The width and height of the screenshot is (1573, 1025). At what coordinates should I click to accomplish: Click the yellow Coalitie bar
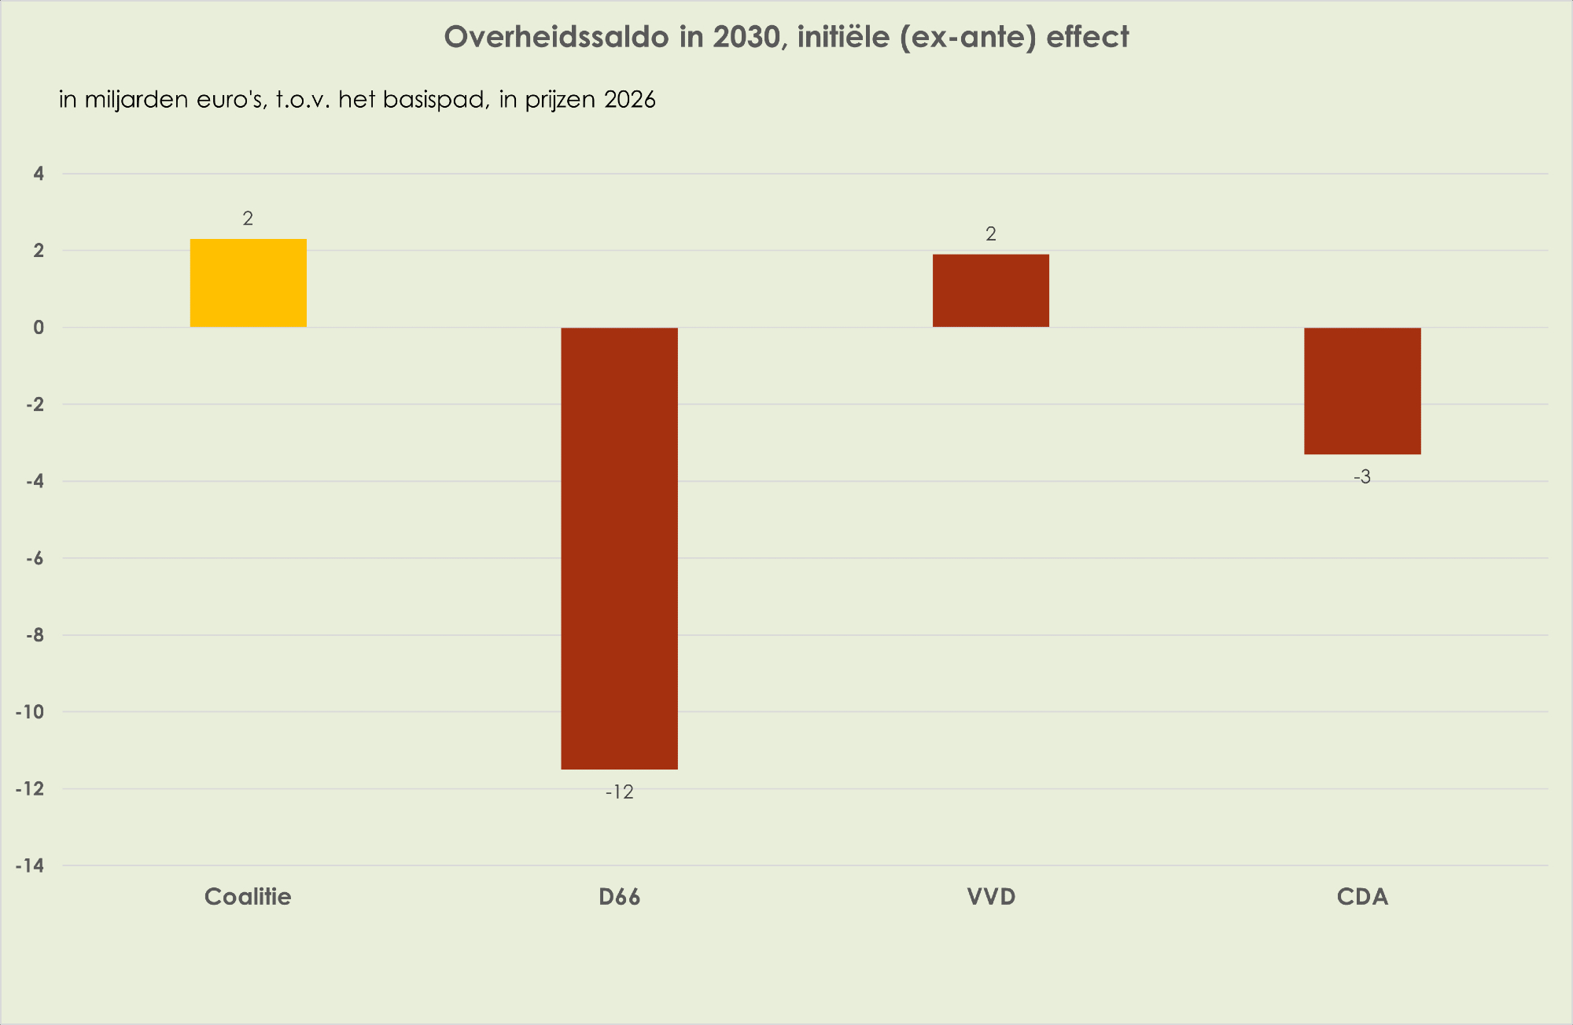[248, 283]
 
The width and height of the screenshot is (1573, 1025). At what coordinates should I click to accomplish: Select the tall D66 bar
[619, 548]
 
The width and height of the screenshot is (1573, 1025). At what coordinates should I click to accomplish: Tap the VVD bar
[990, 290]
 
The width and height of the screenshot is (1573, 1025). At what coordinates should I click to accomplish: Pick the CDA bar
[1361, 391]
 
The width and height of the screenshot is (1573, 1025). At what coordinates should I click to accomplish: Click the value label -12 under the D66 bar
[619, 792]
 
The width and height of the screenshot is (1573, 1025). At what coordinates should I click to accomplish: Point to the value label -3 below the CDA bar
[1361, 477]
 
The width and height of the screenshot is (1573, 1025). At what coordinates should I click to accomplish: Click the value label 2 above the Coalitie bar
[248, 219]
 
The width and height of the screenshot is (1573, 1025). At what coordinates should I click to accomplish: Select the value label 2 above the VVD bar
[990, 234]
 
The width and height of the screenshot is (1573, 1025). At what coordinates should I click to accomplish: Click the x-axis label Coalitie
[248, 897]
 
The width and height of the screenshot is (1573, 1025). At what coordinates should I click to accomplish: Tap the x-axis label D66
[619, 897]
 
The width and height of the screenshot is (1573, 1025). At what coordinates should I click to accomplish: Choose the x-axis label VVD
[991, 897]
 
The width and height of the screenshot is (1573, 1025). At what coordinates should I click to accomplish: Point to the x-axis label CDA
[1362, 897]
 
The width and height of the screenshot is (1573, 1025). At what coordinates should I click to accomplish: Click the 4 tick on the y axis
[39, 174]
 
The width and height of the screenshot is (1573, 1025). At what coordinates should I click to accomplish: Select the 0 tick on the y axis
[39, 328]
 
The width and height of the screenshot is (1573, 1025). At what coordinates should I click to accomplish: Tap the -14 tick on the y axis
[30, 866]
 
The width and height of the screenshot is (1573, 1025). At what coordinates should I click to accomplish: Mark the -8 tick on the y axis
[34, 635]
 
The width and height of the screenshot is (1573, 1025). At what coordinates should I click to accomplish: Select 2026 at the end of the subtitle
[630, 100]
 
